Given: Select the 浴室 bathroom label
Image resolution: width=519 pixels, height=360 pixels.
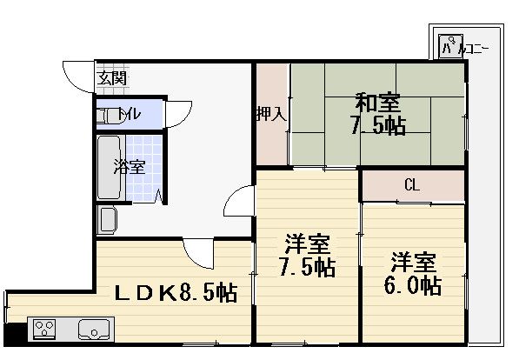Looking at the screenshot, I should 130,167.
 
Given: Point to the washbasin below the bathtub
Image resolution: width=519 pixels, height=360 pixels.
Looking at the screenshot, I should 108,219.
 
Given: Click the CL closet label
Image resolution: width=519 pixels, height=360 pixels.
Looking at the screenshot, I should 412,184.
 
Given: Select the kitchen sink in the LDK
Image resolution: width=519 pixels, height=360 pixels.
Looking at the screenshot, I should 92,329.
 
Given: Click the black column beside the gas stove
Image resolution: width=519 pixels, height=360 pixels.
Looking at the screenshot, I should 10,332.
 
